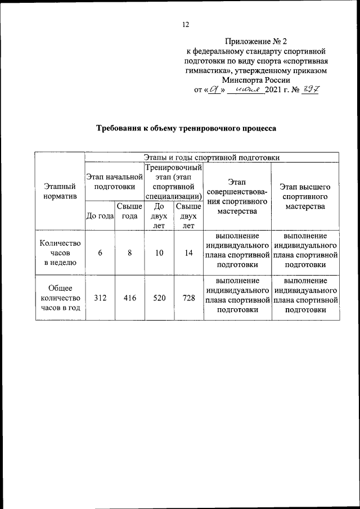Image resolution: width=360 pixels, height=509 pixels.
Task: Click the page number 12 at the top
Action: [186, 24]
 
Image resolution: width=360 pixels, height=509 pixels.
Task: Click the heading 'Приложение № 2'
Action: [256, 41]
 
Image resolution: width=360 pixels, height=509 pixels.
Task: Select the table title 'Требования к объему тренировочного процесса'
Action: [186, 128]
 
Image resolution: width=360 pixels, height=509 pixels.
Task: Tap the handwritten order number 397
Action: [310, 89]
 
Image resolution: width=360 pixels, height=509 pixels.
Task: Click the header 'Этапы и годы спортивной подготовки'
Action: [211, 157]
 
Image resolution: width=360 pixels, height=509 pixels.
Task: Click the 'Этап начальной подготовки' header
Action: [115, 182]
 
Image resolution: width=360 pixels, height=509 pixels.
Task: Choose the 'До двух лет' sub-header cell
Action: [159, 216]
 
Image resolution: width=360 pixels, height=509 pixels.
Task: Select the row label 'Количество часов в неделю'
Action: [60, 253]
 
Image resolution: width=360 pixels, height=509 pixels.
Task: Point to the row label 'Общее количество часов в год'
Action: [60, 298]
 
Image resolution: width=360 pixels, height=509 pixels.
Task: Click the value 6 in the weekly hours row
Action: [100, 253]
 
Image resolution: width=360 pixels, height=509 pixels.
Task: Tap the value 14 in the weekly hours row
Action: [188, 253]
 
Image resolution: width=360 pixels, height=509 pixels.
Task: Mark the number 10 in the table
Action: [159, 253]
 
